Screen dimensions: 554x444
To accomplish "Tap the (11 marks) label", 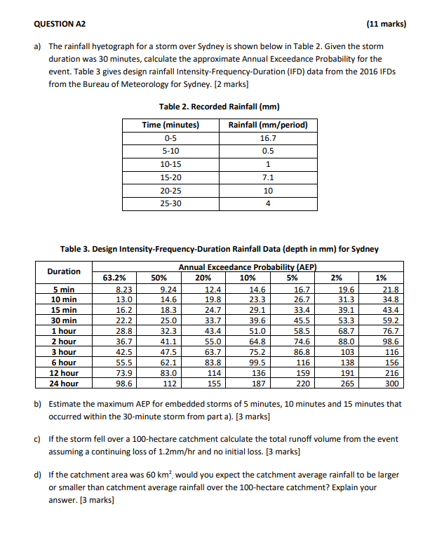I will click(x=386, y=24).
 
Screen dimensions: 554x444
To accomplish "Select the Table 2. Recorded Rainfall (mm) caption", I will click(x=220, y=107).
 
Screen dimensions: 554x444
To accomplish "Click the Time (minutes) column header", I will click(x=170, y=125).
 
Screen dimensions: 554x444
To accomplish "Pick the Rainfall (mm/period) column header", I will click(x=268, y=125).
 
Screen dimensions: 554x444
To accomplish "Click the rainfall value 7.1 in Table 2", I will click(x=268, y=178).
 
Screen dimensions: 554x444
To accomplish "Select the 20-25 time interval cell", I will click(x=170, y=191).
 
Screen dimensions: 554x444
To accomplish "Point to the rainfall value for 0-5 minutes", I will click(x=268, y=139).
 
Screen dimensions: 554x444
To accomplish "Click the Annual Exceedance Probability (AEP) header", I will click(x=248, y=267).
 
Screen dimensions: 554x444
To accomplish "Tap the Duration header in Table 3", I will click(x=64, y=271).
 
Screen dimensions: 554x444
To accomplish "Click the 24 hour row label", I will click(x=64, y=384).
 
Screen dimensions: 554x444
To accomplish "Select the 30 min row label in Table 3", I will click(x=64, y=320).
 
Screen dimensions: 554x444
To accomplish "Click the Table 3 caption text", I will click(x=220, y=249).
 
